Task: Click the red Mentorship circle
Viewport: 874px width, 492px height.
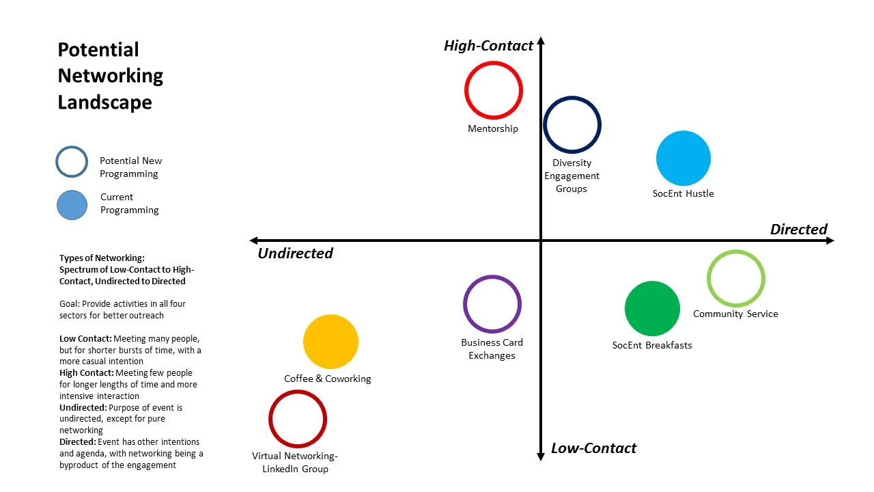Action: tap(494, 90)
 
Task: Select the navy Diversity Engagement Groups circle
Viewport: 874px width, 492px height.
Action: tap(572, 125)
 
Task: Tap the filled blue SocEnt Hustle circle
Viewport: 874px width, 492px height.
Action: tap(683, 159)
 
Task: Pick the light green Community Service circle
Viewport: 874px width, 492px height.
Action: tap(735, 279)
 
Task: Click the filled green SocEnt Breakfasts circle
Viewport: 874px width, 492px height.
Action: tap(652, 309)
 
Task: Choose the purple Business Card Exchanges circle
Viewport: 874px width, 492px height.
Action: tap(492, 304)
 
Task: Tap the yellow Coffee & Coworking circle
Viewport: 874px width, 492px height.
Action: tap(330, 342)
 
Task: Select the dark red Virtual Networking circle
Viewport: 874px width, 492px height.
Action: tap(298, 419)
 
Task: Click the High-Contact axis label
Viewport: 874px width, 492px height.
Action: tap(488, 46)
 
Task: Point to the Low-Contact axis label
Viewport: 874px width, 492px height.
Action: tap(593, 448)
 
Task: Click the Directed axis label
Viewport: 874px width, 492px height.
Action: tap(798, 230)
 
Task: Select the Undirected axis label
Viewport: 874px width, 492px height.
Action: tap(295, 254)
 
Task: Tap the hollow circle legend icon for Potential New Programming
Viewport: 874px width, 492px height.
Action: tap(72, 163)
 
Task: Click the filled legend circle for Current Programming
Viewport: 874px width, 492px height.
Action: tap(72, 205)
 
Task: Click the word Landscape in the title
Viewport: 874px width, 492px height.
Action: tap(104, 102)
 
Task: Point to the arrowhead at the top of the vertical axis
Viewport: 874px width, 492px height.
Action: tap(541, 40)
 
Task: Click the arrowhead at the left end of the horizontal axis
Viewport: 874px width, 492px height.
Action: tap(253, 241)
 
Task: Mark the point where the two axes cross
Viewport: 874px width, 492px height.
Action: tap(541, 241)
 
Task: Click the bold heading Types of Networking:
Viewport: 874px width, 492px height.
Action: tap(102, 258)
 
